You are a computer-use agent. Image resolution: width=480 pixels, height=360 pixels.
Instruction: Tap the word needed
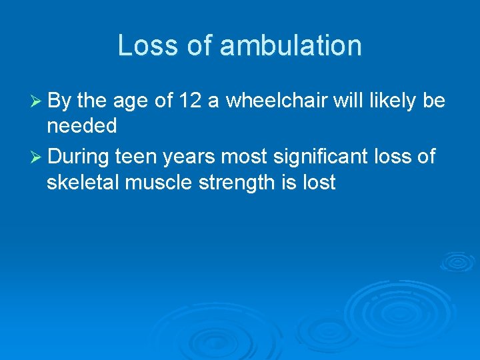coord(81,125)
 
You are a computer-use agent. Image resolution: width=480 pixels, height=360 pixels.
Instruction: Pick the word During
coord(79,157)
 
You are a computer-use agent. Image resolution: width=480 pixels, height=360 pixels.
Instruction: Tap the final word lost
coord(319,182)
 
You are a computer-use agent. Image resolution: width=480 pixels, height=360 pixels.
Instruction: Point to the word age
coord(129,101)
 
